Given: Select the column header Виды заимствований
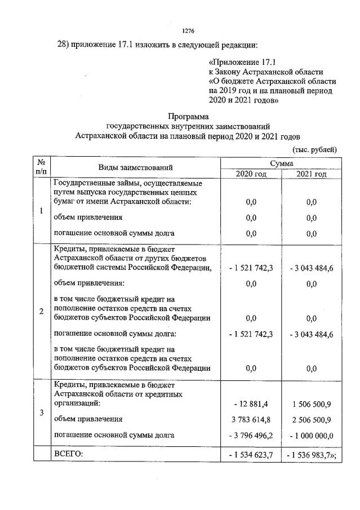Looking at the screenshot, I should coord(135,167).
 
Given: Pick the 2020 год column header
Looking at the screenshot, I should coord(251,174).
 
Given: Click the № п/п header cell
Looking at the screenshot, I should coord(42,167).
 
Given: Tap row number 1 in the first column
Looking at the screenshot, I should coord(42,211).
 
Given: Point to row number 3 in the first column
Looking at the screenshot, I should coord(42,413).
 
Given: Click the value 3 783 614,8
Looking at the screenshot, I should coord(251,419).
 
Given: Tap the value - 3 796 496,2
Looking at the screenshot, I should coord(251,435).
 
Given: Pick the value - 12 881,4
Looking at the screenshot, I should coord(251,403).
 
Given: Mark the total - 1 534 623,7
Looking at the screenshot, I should coord(251,454).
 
